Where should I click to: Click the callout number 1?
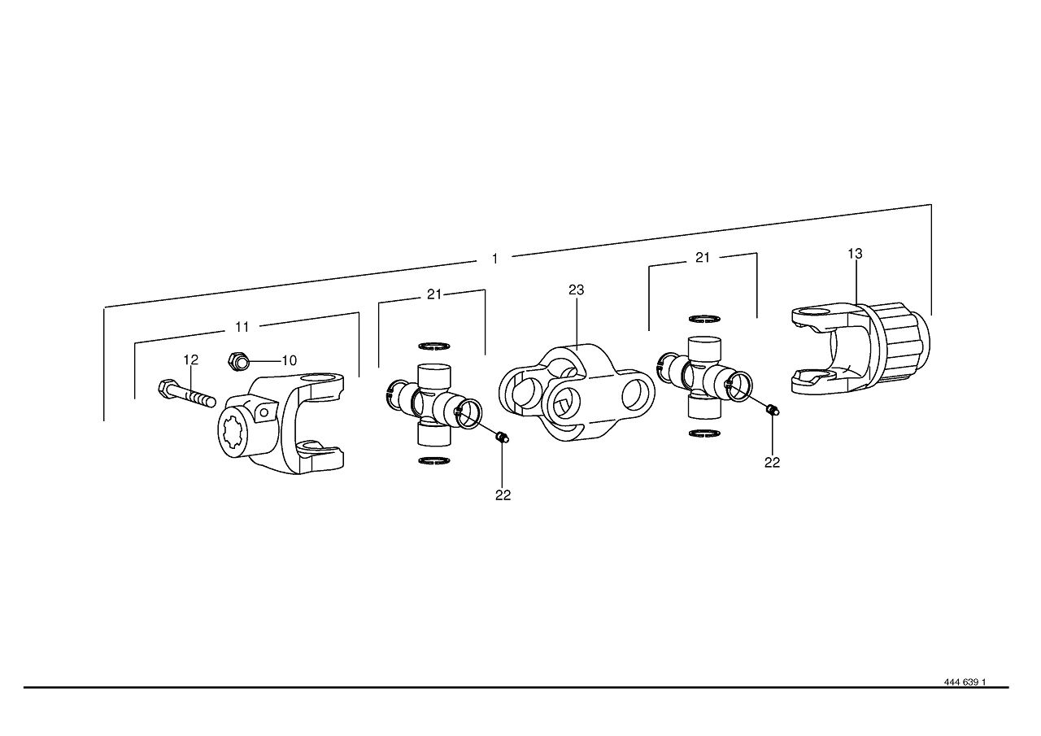coord(495,259)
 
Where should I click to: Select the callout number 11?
coord(242,327)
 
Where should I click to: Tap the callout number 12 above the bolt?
coord(191,359)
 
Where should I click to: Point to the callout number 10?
coord(290,360)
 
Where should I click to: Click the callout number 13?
coord(855,254)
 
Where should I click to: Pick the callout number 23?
coord(577,290)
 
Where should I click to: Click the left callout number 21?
coord(434,294)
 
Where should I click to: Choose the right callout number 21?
coord(703,258)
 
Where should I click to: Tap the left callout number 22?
coord(503,495)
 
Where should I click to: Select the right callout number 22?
coord(773,462)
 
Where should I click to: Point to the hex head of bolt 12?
coord(167,386)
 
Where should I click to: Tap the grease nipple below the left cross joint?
coord(503,438)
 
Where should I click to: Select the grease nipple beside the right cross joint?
coord(773,410)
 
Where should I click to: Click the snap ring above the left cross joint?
coord(434,346)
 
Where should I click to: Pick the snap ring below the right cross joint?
coord(704,433)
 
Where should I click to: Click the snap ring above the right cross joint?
coord(704,319)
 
